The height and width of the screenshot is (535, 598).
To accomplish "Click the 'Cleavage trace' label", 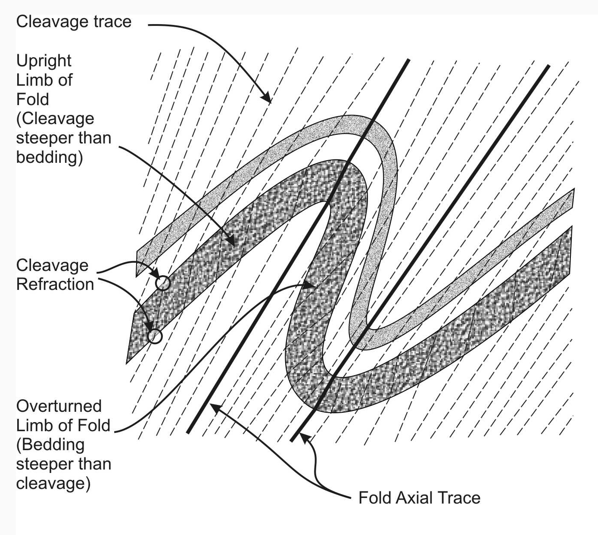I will point(74,22).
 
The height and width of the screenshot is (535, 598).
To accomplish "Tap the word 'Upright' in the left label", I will point(44,61).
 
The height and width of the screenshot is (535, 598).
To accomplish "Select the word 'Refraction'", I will point(55,284).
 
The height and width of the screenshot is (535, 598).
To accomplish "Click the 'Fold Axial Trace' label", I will point(419,498).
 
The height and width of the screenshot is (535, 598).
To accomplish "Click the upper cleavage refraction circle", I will point(163,283).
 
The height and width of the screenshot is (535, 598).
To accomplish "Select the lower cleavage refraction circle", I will point(155,336).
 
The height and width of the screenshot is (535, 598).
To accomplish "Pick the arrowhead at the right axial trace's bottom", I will point(303,437).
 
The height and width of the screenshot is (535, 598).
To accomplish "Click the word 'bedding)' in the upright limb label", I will point(49,158).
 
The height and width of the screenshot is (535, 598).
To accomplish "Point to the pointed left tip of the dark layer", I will point(128,361).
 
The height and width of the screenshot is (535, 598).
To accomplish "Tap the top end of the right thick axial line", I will point(548,66).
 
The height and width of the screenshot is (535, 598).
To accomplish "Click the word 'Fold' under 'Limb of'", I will point(32,100).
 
